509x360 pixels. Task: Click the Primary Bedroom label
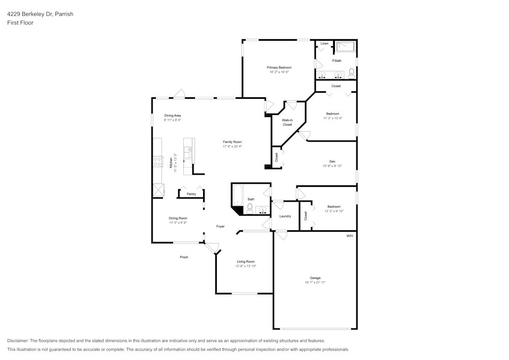[279, 67]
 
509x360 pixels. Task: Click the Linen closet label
[324, 44]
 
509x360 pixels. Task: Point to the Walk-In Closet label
[287, 122]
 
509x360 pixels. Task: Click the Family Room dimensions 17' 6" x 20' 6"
[232, 147]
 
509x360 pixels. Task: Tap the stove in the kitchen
[157, 162]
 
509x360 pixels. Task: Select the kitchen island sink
[187, 151]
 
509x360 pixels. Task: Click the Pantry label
[191, 194]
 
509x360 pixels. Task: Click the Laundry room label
[285, 216]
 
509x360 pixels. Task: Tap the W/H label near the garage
[349, 236]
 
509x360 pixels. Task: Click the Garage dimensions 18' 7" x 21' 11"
[315, 282]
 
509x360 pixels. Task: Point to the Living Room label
[245, 262]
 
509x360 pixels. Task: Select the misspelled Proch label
[184, 257]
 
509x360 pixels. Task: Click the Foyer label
[220, 227]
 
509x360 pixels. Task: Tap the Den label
[332, 161]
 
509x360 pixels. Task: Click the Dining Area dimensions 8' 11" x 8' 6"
[173, 120]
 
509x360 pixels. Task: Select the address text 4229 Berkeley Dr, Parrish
[40, 14]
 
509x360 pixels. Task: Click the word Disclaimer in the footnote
[18, 341]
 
